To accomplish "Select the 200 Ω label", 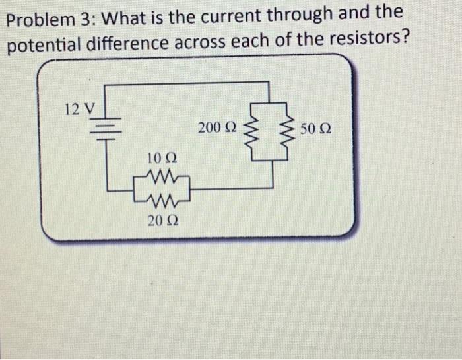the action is [x=213, y=127].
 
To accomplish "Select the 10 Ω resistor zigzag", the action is [x=162, y=177].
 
